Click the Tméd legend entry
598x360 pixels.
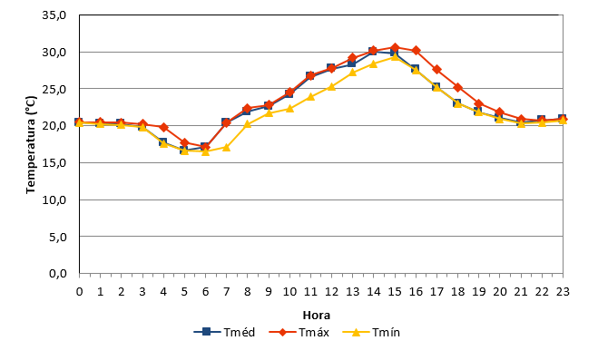pyautogui.click(x=224, y=332)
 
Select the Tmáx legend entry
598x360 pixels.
pyautogui.click(x=299, y=332)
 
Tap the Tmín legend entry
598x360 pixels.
pyautogui.click(x=371, y=332)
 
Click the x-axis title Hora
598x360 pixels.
pyautogui.click(x=317, y=315)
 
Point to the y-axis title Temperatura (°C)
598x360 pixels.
pyautogui.click(x=31, y=145)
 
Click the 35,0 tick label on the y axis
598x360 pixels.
pyautogui.click(x=54, y=15)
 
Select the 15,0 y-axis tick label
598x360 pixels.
pyautogui.click(x=54, y=162)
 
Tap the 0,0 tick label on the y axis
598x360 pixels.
pyautogui.click(x=58, y=273)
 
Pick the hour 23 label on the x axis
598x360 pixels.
pyautogui.click(x=563, y=291)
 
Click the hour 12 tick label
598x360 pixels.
pyautogui.click(x=331, y=291)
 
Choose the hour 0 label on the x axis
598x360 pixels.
pyautogui.click(x=79, y=291)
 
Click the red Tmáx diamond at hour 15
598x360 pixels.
pyautogui.click(x=395, y=48)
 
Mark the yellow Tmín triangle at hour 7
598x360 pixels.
pyautogui.click(x=226, y=147)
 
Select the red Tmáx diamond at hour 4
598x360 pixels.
pyautogui.click(x=163, y=127)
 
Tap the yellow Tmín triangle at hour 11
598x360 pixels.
pyautogui.click(x=310, y=96)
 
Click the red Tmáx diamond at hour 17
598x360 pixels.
pyautogui.click(x=437, y=70)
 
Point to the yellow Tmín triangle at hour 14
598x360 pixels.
pyautogui.click(x=373, y=63)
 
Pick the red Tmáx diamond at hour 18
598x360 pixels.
pyautogui.click(x=458, y=88)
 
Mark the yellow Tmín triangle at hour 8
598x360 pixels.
pyautogui.click(x=247, y=123)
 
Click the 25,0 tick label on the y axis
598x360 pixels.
pyautogui.click(x=54, y=89)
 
